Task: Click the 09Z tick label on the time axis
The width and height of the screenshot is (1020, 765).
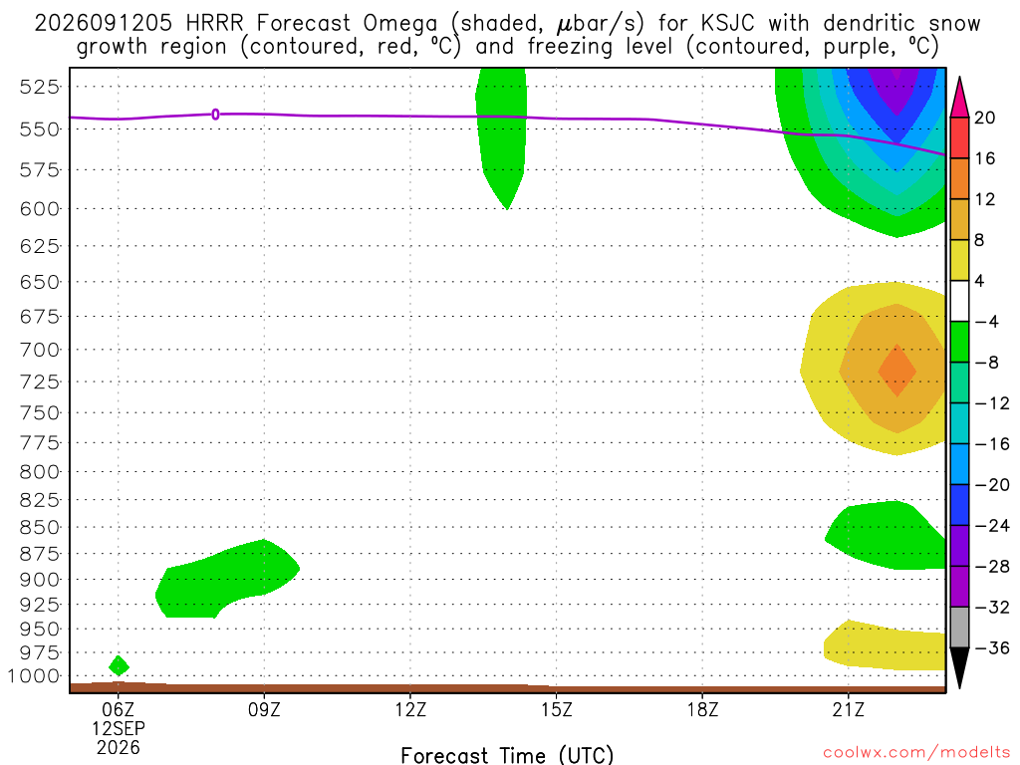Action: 264,709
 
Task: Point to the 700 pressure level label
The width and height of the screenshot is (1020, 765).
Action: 39,350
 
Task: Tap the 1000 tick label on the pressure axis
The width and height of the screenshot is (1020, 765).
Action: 33,676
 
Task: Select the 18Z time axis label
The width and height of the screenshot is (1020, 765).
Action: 702,709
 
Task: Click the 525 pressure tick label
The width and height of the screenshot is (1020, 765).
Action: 39,87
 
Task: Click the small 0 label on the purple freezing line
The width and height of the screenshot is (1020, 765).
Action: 215,115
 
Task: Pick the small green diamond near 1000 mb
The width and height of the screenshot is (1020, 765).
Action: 119,666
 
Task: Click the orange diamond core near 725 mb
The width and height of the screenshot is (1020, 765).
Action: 897,371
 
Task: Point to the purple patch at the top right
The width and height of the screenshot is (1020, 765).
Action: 896,88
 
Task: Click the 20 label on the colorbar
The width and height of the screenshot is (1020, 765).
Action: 984,118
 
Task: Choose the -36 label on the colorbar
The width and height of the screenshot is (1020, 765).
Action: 991,647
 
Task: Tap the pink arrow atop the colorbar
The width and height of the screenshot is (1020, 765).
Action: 959,98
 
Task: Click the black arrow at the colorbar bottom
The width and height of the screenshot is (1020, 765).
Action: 959,667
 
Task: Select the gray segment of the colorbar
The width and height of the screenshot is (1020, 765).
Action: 959,628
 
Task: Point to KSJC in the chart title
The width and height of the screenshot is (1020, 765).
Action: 728,24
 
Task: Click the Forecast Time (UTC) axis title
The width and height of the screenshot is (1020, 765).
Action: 507,755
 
